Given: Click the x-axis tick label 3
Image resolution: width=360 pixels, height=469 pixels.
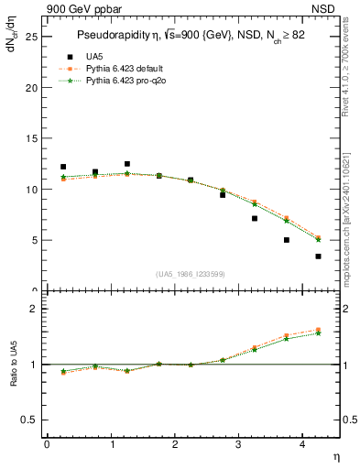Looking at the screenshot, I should coord(239,444).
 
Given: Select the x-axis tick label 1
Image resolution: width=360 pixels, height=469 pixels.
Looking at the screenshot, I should coord(112,444).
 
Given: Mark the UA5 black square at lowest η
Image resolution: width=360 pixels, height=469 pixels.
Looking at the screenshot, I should coord(63,167).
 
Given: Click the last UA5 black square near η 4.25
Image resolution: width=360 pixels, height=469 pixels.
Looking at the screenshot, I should coord(318,256).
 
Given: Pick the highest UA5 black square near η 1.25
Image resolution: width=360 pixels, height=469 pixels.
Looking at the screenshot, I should coord(126,164).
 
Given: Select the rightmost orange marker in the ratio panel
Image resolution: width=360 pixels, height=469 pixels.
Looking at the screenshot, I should coord(318,330).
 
